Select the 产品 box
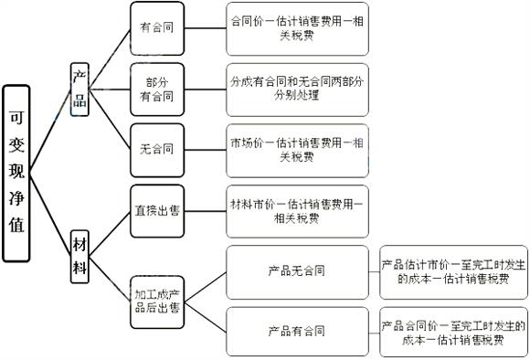(x=80, y=90)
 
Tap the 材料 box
(x=80, y=244)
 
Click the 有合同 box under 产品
(x=157, y=27)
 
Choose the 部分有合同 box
(x=157, y=90)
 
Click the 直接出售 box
(x=157, y=211)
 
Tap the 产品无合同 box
(x=296, y=271)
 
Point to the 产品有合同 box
(x=296, y=330)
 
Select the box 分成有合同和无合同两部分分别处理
(x=296, y=89)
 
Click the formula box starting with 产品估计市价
(x=453, y=271)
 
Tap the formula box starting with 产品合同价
(x=453, y=331)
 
